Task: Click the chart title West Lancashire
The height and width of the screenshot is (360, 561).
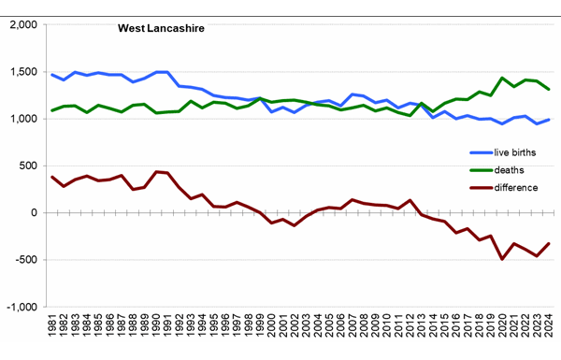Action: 161,28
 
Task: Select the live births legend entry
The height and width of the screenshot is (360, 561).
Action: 510,151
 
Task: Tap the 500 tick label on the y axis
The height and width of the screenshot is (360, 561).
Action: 27,166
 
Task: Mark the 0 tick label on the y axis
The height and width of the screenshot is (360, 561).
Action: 33,212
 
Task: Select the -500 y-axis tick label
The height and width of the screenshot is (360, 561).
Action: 25,259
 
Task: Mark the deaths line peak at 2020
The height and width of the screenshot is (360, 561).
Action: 503,79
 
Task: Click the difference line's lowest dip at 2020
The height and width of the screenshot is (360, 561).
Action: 503,258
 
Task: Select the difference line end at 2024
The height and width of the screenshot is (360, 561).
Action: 550,243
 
